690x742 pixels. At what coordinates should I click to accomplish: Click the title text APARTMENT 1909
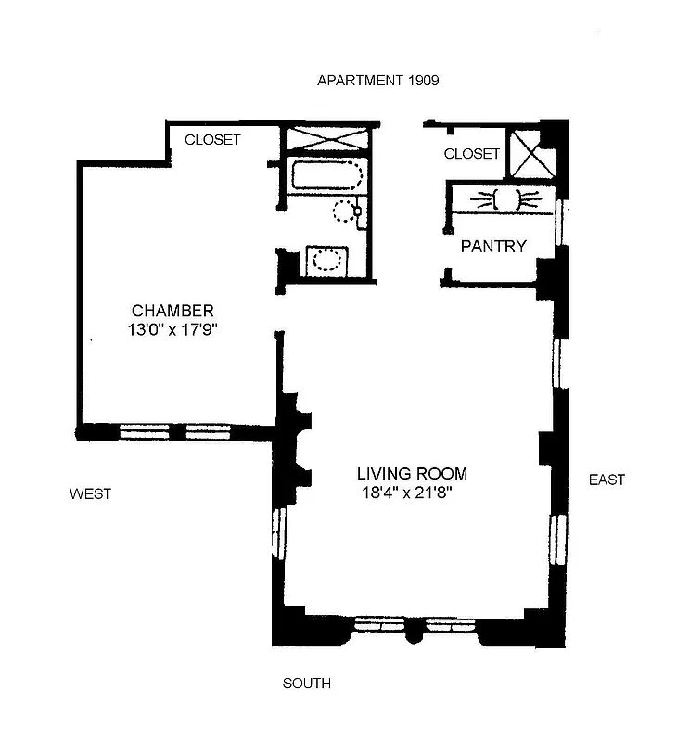377,81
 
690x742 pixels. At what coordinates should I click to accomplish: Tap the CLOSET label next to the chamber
212,140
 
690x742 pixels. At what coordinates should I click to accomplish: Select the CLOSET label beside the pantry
471,154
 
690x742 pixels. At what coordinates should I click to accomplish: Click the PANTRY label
493,247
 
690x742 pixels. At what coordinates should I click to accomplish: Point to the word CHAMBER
172,311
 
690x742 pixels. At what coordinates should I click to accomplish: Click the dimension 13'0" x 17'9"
172,329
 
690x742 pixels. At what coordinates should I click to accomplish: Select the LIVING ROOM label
414,474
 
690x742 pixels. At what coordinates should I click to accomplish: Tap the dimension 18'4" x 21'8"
414,493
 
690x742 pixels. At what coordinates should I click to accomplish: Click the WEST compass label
90,494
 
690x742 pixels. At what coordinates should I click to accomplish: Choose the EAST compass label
607,480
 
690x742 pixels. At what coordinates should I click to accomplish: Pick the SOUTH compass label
306,684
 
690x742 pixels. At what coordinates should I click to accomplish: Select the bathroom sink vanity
326,261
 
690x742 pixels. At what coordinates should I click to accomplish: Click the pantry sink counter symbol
505,198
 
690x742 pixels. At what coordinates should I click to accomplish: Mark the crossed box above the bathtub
327,140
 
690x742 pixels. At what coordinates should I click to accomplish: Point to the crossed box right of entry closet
533,152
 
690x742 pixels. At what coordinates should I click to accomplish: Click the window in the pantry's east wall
560,221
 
